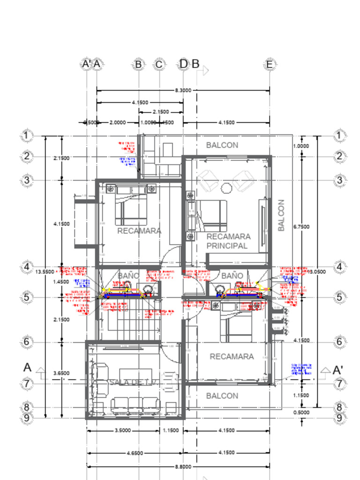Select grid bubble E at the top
tap(270, 64)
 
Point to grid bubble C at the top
tap(159, 64)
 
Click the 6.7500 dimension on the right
tap(300, 226)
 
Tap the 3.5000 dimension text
tap(123, 430)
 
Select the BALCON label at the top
tap(222, 145)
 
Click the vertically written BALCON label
tap(281, 215)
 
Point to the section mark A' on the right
tap(337, 370)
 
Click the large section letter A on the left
tap(28, 367)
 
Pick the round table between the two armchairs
tap(227, 188)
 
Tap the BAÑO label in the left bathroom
tap(128, 276)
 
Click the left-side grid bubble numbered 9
tap(27, 418)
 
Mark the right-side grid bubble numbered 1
tap(339, 136)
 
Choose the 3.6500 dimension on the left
tap(61, 373)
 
